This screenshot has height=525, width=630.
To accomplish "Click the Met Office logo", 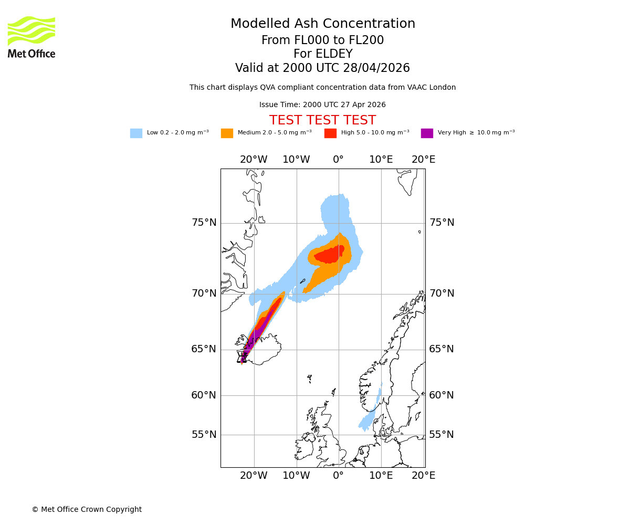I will point(31,37).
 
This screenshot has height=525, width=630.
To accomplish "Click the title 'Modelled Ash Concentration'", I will point(322,24).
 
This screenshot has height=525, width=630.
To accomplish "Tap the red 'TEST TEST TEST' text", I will point(322,121).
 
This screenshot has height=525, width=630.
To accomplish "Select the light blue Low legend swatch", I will point(136,133).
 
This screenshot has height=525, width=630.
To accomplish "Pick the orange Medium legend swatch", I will point(227,133).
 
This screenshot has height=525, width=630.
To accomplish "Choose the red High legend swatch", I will point(330,133).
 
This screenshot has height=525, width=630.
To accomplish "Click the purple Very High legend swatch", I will point(427,133).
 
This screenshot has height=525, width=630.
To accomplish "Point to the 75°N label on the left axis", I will point(204,223).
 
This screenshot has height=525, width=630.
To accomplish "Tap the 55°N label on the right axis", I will point(442,435).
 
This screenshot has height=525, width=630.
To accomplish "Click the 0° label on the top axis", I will point(338,160).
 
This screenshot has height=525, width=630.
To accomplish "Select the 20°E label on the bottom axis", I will point(423,476).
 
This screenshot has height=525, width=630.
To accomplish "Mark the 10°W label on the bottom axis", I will point(296,476).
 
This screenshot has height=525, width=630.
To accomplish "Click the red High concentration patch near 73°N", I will point(330,255).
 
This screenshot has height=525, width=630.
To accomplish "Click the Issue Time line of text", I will point(322,105).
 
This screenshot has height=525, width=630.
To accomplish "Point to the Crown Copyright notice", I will point(87,510).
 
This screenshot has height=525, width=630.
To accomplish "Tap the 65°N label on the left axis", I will point(204,350).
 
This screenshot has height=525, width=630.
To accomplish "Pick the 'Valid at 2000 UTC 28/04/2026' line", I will point(322,68).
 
